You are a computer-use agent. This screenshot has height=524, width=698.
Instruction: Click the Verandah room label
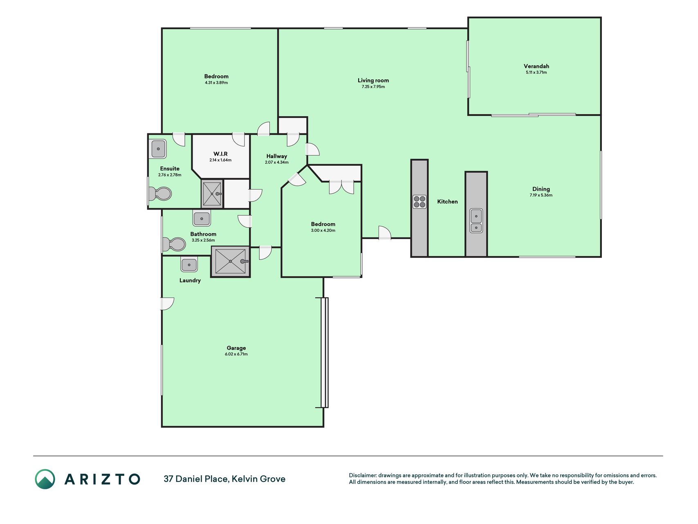[536, 66]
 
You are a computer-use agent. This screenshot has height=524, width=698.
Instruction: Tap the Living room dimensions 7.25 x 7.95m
[373, 87]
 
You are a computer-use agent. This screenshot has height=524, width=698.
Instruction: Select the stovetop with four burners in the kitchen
[420, 201]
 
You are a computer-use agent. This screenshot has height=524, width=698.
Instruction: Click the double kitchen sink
[476, 221]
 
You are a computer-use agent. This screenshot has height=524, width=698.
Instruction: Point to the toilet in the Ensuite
[160, 194]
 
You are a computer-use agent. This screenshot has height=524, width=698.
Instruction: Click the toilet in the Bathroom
[174, 244]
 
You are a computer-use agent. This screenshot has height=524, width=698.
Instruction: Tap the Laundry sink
[189, 264]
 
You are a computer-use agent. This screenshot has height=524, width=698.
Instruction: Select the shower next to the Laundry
[231, 261]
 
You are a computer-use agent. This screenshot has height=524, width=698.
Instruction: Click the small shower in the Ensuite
[212, 194]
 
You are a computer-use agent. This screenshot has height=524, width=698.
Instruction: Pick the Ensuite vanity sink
[158, 149]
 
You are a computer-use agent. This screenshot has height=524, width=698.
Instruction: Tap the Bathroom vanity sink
[202, 219]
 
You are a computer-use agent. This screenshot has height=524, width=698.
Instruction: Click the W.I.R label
[220, 154]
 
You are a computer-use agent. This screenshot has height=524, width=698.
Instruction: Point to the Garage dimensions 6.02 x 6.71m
[236, 354]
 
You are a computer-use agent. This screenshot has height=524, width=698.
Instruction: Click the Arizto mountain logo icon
[45, 479]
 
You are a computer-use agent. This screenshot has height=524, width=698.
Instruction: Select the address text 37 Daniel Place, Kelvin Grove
[224, 479]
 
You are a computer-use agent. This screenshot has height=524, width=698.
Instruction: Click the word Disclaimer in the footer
[362, 475]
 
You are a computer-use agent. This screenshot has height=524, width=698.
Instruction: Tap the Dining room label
[541, 189]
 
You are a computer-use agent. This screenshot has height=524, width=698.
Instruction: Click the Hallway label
[276, 156]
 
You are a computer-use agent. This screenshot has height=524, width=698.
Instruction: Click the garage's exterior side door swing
[167, 303]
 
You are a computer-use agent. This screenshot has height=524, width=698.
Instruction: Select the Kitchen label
[447, 201]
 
